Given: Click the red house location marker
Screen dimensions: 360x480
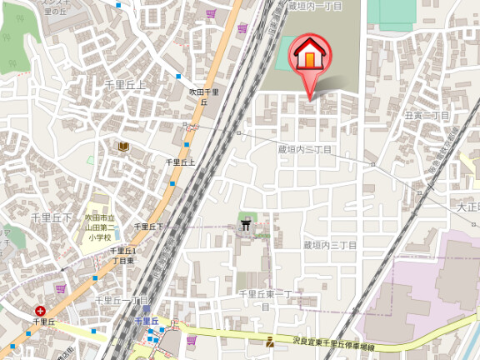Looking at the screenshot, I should point(307,56).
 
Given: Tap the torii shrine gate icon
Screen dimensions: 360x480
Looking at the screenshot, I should point(246,222).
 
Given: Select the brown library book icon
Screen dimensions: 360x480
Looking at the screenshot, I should point(123,147).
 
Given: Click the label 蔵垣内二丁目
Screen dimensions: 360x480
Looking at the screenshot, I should point(305,149).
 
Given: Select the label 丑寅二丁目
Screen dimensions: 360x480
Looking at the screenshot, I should point(427,116).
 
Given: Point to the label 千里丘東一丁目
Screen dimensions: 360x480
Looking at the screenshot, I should point(265,299).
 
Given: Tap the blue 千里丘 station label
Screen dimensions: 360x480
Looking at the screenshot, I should point(147,320).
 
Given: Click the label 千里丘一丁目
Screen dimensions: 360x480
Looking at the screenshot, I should point(121,300).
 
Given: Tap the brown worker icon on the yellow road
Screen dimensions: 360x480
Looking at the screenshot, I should point(270,342).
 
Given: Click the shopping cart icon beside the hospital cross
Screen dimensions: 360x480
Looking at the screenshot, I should point(60,288).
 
